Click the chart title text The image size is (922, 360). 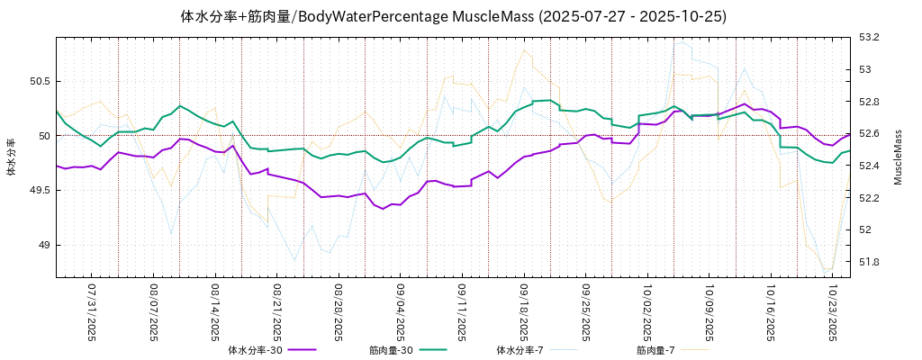[x=453, y=16]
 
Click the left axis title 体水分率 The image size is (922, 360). [x=11, y=157]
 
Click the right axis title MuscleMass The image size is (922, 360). [x=898, y=157]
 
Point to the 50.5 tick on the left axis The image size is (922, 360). [x=41, y=81]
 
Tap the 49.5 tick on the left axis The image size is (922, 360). [x=41, y=190]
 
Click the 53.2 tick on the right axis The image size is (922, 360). [x=870, y=37]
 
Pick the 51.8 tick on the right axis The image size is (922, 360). [x=870, y=262]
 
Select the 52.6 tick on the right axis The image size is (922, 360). [x=870, y=133]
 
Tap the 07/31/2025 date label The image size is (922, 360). [x=92, y=313]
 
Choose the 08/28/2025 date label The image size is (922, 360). [x=339, y=313]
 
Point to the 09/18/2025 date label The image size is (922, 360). [x=524, y=313]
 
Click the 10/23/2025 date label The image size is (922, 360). [x=833, y=313]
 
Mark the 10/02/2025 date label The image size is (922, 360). [x=647, y=313]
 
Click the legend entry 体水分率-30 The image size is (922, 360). [x=256, y=349]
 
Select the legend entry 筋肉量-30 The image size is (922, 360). [x=391, y=349]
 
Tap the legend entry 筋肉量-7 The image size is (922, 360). [x=655, y=349]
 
